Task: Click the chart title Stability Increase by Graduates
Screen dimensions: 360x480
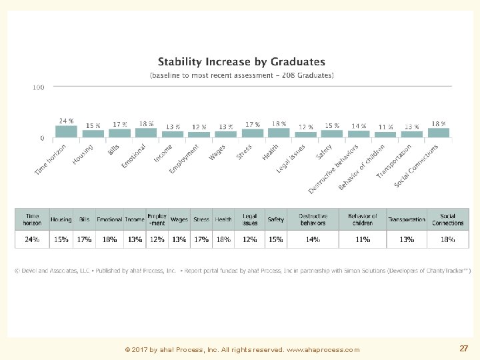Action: click(x=241, y=63)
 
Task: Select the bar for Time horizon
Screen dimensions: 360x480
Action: click(x=66, y=131)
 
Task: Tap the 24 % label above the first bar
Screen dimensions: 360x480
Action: click(x=66, y=121)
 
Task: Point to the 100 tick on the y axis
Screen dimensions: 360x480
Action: click(x=38, y=87)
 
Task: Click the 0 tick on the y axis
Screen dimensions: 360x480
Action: click(x=41, y=138)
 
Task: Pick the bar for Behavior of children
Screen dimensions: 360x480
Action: click(x=385, y=134)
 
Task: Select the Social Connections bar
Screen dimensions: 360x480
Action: click(x=438, y=132)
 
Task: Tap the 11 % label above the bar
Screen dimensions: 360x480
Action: click(x=385, y=127)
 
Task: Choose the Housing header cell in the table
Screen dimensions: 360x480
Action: click(x=61, y=219)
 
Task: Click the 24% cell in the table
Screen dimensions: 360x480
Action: click(x=33, y=239)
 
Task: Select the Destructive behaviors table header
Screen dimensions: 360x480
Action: click(x=313, y=219)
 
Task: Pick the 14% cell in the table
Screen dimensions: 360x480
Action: click(x=313, y=239)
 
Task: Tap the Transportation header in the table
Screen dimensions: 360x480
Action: click(x=407, y=219)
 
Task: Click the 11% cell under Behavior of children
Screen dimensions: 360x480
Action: click(x=362, y=239)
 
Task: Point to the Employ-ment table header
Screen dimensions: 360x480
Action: click(x=157, y=219)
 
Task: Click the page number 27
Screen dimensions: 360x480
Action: click(x=463, y=349)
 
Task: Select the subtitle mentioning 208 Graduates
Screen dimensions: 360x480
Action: click(x=241, y=75)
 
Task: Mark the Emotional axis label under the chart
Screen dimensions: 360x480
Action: click(x=133, y=155)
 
